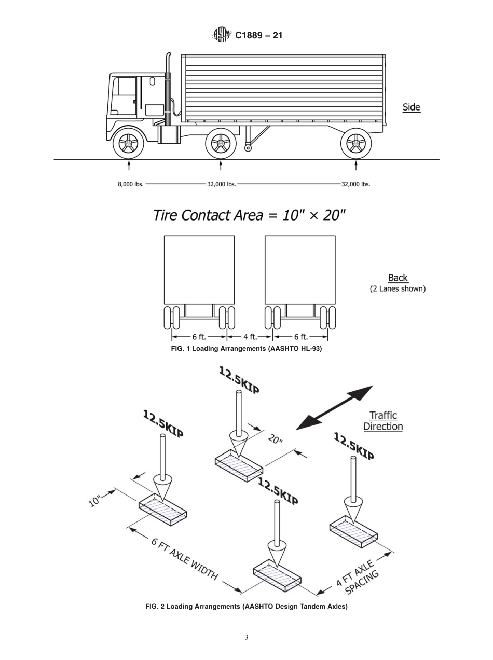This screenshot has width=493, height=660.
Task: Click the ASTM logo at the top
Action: pyautogui.click(x=221, y=35)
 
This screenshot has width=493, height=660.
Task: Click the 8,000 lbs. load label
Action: pyautogui.click(x=131, y=184)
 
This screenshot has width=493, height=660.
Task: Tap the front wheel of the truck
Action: pyautogui.click(x=128, y=143)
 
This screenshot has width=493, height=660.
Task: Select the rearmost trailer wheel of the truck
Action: pyautogui.click(x=355, y=143)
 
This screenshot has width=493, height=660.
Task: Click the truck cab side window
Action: pyautogui.click(x=127, y=87)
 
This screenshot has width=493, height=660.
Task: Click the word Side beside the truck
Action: pyautogui.click(x=411, y=107)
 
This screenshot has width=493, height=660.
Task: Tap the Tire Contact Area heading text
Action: pyautogui.click(x=249, y=215)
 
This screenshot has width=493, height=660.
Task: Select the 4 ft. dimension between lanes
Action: pyautogui.click(x=250, y=337)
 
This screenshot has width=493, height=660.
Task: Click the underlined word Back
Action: pyautogui.click(x=398, y=278)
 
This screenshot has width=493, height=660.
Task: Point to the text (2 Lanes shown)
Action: pyautogui.click(x=398, y=288)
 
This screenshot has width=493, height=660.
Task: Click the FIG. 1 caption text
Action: pyautogui.click(x=246, y=349)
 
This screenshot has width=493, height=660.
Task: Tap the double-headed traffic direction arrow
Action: pyautogui.click(x=335, y=407)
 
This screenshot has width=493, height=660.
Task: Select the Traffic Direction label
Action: pyautogui.click(x=383, y=421)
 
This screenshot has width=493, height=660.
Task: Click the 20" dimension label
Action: pyautogui.click(x=276, y=439)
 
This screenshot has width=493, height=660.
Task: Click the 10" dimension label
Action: pyautogui.click(x=95, y=501)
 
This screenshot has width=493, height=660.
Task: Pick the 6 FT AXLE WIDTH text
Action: pyautogui.click(x=184, y=559)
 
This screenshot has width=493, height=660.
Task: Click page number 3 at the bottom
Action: pyautogui.click(x=246, y=638)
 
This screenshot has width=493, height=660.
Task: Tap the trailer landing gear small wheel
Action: pyautogui.click(x=248, y=148)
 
